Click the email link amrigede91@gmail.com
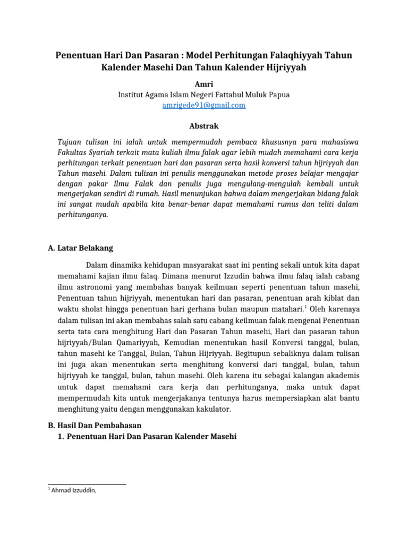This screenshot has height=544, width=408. coord(204,105)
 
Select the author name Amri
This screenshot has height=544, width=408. coord(204,84)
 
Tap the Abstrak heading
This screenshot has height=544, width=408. coord(204,126)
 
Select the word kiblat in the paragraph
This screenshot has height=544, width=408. coord(332,299)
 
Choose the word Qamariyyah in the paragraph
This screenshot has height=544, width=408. coord(142,343)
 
